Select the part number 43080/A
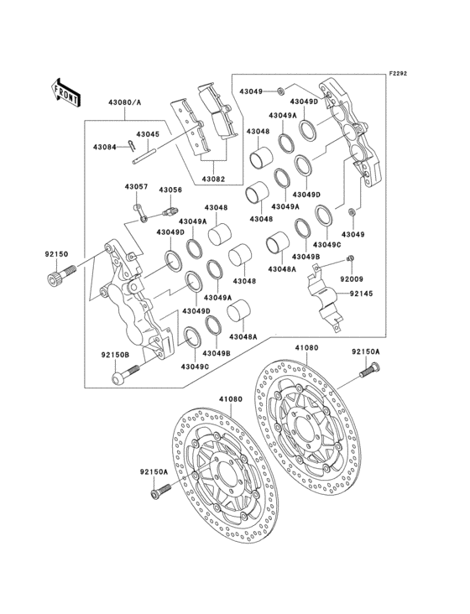124,102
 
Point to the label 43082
213,180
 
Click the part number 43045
148,134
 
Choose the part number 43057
137,186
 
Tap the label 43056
170,190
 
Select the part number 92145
361,294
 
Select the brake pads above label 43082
201,126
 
